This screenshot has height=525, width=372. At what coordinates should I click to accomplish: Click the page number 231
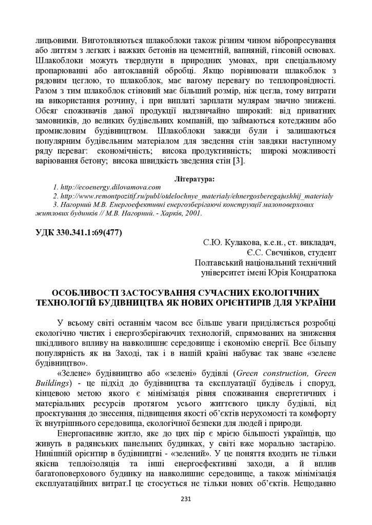click(x=186, y=500)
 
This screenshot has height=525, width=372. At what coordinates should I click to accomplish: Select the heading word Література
click(x=194, y=179)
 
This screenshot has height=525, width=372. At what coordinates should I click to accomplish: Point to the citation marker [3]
click(x=239, y=161)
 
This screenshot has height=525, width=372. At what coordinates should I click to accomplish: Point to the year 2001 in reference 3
click(x=193, y=213)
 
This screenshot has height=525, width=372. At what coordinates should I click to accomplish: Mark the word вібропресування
click(x=302, y=39)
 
